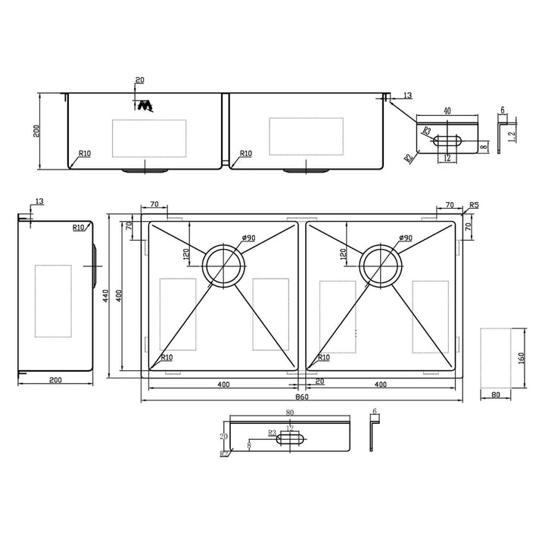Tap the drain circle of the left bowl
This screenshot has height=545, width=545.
pyautogui.click(x=224, y=266)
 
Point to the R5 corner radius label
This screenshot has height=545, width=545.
pyautogui.click(x=473, y=205)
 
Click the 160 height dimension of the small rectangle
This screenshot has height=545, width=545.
pyautogui.click(x=521, y=358)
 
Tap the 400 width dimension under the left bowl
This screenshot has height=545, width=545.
pyautogui.click(x=223, y=385)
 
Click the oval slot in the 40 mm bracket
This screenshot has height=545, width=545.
pyautogui.click(x=447, y=140)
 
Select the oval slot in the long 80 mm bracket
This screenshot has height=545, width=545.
pyautogui.click(x=291, y=438)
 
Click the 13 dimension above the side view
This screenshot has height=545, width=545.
pyautogui.click(x=39, y=201)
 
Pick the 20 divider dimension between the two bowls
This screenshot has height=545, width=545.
pyautogui.click(x=319, y=381)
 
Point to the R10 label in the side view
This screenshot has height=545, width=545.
pyautogui.click(x=79, y=227)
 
